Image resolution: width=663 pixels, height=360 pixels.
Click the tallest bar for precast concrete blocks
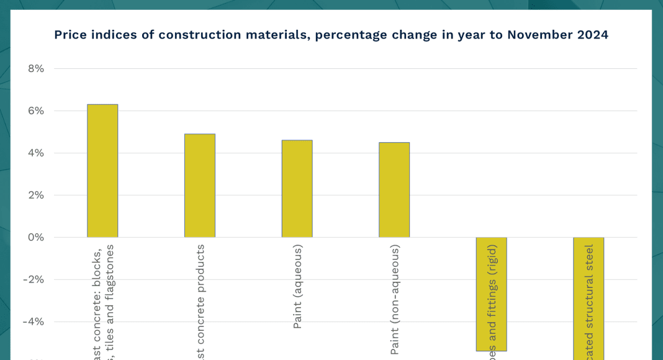point(102,171)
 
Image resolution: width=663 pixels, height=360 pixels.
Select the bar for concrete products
point(200,186)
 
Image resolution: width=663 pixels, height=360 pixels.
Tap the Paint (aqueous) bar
point(297,189)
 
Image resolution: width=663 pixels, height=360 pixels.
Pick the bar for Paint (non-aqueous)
point(394,190)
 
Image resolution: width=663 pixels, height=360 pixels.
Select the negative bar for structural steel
point(589,298)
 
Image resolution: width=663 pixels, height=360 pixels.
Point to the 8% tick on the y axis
point(36,69)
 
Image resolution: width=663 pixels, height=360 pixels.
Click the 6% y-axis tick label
point(36,111)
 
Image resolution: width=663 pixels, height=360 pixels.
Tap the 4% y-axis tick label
point(36,153)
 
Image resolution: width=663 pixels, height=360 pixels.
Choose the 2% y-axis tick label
point(36,196)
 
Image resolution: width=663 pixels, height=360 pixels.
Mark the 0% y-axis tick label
point(36,238)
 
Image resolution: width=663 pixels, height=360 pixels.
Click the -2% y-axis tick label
point(34,280)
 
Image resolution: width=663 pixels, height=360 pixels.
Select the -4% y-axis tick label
point(34,322)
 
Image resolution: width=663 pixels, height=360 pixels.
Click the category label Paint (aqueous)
point(298,286)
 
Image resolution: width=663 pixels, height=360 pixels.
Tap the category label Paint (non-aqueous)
point(395,299)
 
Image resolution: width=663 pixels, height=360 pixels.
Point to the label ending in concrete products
point(201,301)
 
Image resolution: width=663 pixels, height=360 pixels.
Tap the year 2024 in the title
point(592,35)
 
